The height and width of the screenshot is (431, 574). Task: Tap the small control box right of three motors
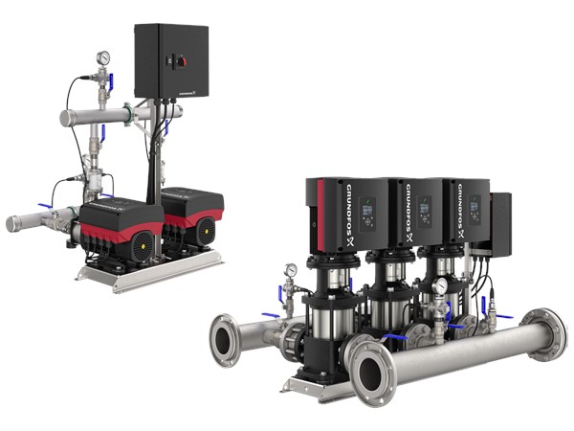tap(500, 221)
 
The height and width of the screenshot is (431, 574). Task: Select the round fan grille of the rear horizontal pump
tap(206, 231)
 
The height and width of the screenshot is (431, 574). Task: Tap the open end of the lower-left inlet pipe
tap(13, 223)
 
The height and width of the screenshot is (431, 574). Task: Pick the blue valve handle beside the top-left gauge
tap(112, 82)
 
